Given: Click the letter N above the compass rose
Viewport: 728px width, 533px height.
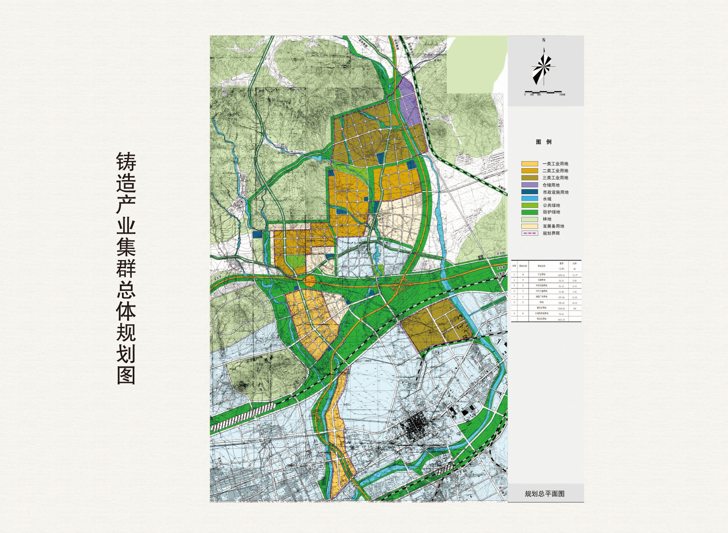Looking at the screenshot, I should coord(544,40).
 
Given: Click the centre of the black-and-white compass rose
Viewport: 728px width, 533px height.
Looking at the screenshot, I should coord(544,67).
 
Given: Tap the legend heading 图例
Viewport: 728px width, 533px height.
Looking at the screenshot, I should coord(544,142).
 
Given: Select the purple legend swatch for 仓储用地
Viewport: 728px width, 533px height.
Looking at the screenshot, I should coord(529,185).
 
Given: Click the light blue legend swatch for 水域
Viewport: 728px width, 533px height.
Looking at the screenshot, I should coord(529,198).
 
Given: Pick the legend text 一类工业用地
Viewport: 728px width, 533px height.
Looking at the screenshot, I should coord(555,164).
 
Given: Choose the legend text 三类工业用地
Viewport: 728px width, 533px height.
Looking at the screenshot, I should coord(555,178).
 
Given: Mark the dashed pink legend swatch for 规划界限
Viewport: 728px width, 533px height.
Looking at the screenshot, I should coord(529,233).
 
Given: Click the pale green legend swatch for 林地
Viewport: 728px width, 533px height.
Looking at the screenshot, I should coord(529,219).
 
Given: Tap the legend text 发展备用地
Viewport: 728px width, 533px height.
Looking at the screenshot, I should coord(553,226).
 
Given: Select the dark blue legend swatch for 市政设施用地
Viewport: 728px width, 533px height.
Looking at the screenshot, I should coord(529,192).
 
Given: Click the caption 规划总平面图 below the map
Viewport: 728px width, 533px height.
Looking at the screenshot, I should coord(544,494).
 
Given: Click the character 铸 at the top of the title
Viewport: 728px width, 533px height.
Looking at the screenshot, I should coord(126,162).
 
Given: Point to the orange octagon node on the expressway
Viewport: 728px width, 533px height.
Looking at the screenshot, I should coord(309,281).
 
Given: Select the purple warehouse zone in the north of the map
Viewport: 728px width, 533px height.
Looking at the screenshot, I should coord(410,103).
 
